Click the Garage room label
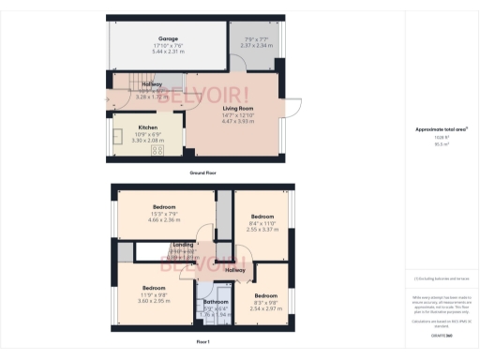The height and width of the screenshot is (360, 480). point(168,38)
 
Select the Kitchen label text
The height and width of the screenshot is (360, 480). point(148,127)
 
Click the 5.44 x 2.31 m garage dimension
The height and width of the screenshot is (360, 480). point(168,52)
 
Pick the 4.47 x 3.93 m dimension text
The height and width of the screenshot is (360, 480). point(237,121)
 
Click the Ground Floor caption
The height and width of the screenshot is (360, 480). point(203,173)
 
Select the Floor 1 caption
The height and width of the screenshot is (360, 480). point(202,343)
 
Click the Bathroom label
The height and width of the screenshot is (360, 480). point(217,302)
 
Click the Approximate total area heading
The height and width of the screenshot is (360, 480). point(442,129)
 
